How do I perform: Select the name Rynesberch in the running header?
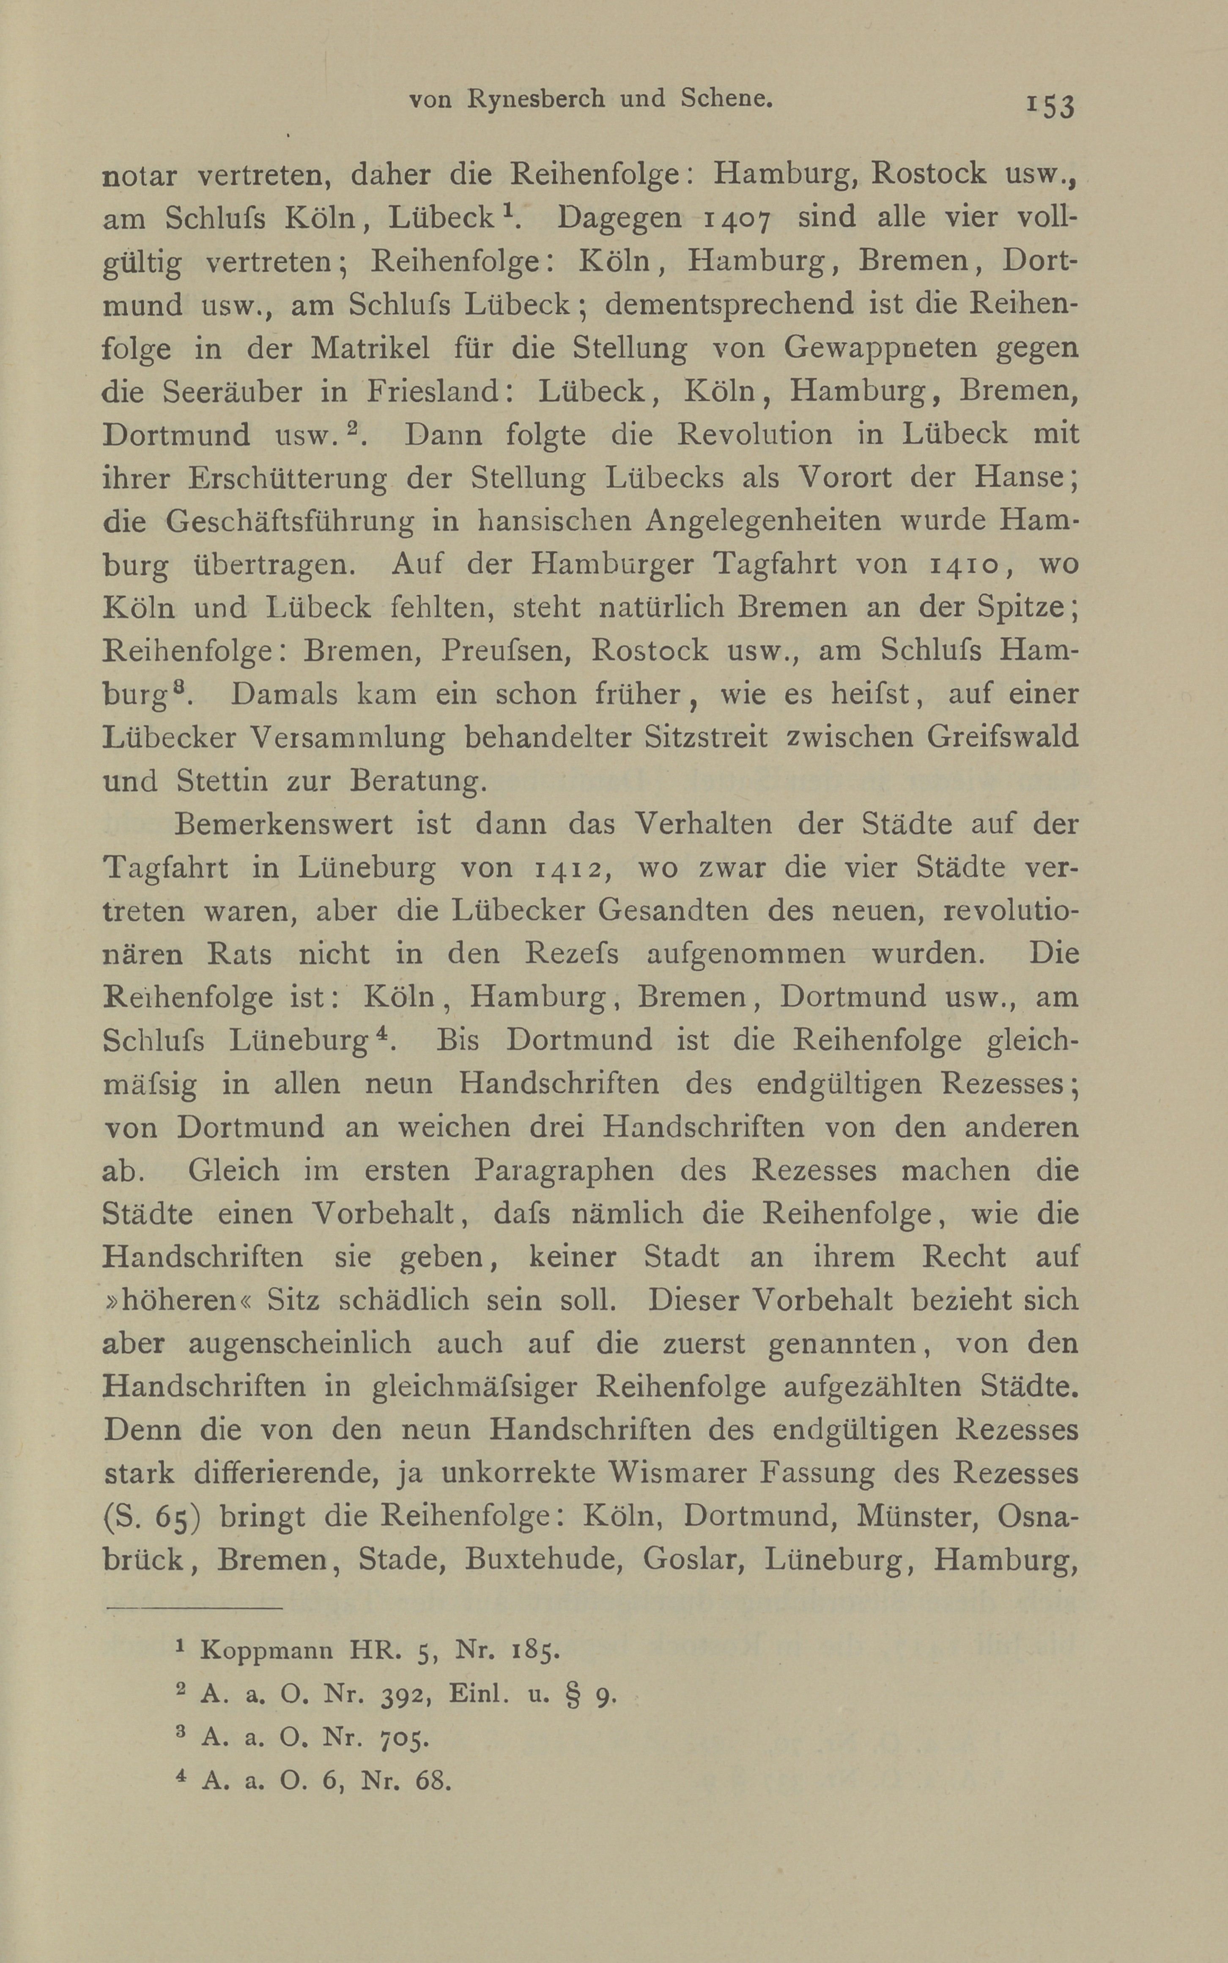click(537, 99)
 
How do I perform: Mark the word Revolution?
click(754, 434)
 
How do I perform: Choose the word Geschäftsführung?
click(290, 522)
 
